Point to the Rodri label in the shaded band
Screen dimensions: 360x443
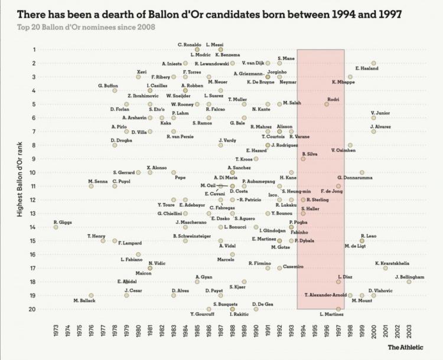[x=334, y=99]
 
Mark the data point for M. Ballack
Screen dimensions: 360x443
[x=91, y=295]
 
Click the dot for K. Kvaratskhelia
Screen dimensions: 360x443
[x=385, y=267]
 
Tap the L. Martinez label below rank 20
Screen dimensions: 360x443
[x=331, y=315]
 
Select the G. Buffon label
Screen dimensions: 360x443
[x=108, y=86]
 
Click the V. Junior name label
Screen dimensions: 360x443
[x=380, y=112]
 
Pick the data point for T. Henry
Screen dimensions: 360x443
[x=103, y=240]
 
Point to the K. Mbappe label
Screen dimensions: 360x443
[x=343, y=82]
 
